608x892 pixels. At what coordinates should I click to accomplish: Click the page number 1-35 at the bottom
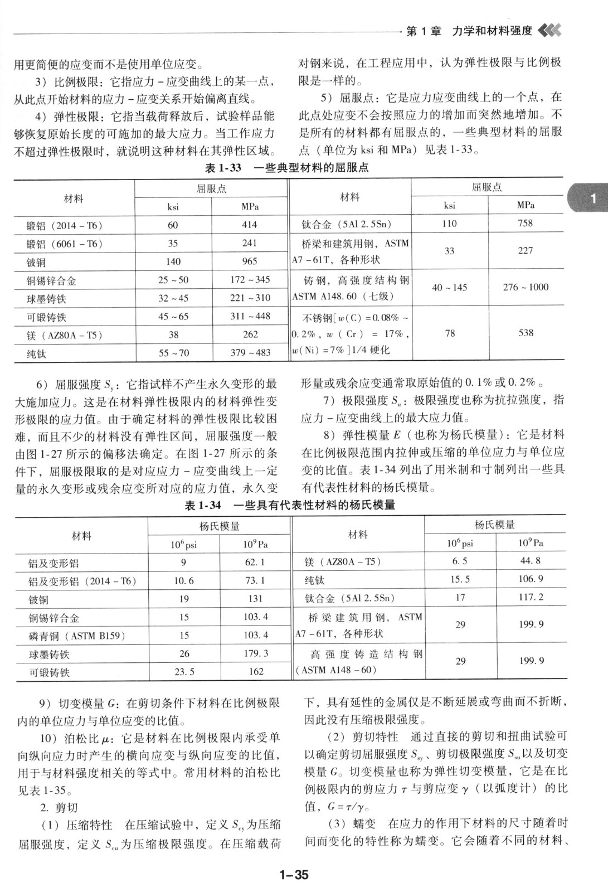tap(294, 875)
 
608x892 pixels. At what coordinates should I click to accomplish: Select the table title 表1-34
tap(203, 505)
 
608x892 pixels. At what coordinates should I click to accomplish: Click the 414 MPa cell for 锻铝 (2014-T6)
tap(249, 225)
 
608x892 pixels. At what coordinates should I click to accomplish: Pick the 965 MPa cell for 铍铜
tap(250, 261)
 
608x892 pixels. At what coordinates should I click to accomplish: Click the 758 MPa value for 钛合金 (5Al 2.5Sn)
tap(525, 224)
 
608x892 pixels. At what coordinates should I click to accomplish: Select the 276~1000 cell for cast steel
tap(526, 287)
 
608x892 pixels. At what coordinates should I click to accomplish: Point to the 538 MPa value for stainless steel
tap(526, 333)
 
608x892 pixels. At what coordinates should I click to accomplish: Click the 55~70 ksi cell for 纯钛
tap(173, 352)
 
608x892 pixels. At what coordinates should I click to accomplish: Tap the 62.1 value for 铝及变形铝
tap(255, 563)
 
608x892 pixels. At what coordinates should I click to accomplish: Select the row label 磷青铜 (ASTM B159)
tap(77, 636)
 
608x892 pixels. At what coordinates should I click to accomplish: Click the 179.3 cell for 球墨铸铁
tap(255, 653)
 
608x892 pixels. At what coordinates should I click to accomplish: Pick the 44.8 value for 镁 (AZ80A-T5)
tap(529, 561)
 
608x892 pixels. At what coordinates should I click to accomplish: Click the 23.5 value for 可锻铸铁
tap(184, 672)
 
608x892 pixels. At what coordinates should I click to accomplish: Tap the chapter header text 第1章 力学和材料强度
tap(469, 31)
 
